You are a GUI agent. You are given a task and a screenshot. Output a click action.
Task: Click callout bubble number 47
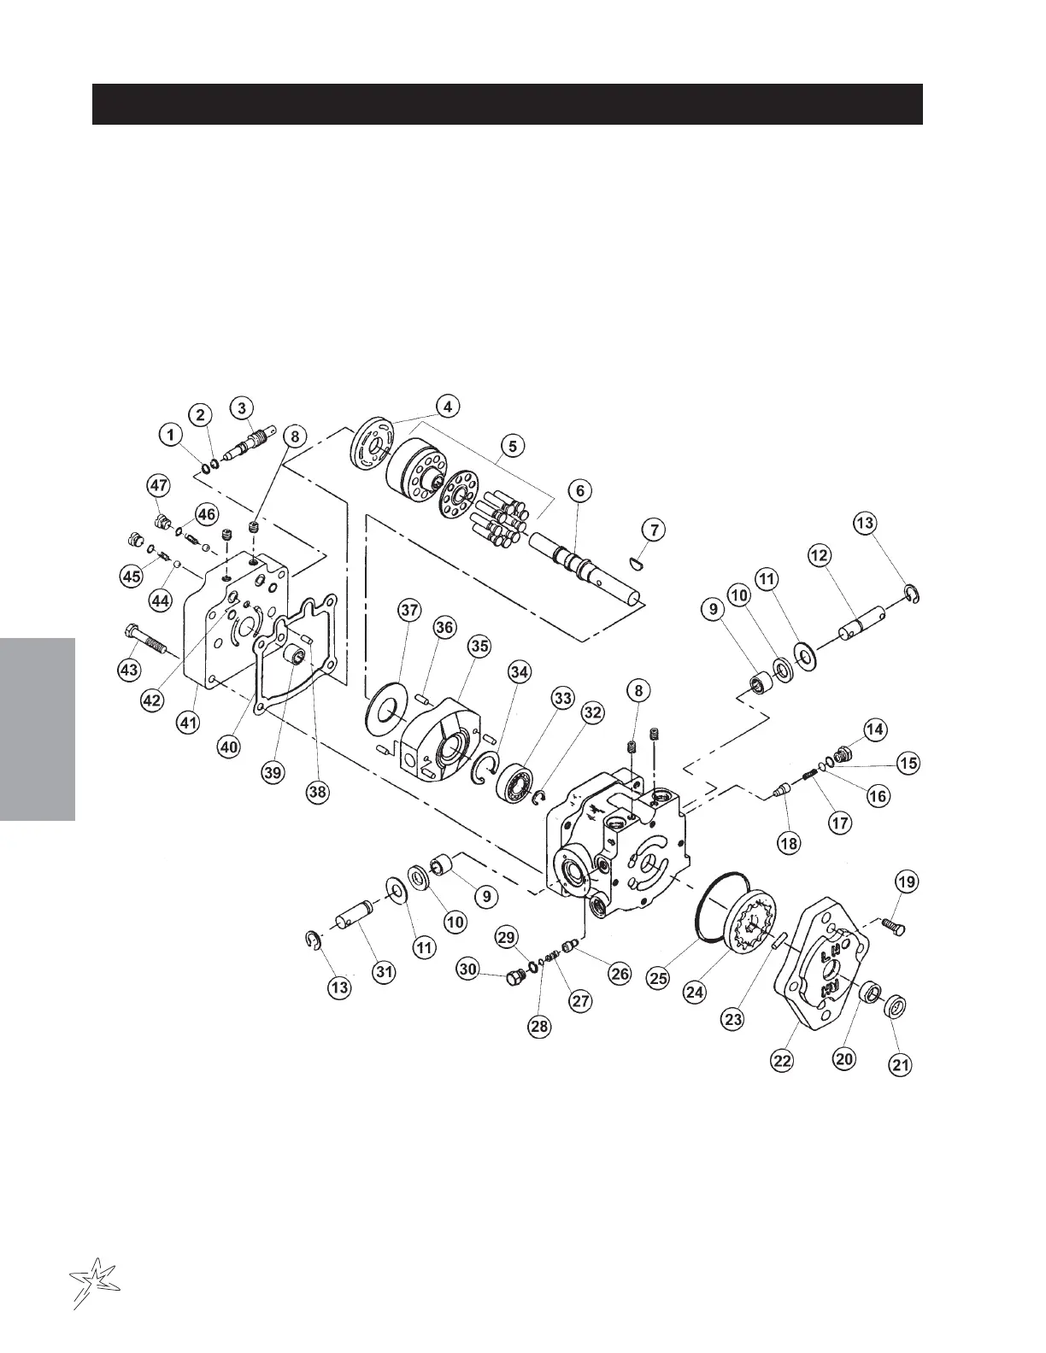pyautogui.click(x=159, y=486)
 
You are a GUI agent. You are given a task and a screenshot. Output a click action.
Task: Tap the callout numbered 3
pyautogui.click(x=243, y=407)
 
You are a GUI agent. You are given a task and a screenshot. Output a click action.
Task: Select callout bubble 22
pyautogui.click(x=783, y=1060)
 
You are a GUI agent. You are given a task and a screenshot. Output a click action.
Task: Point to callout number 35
pyautogui.click(x=479, y=647)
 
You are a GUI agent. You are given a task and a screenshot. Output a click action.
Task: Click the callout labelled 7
pyautogui.click(x=654, y=530)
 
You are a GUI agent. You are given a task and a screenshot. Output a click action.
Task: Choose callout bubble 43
pyautogui.click(x=130, y=670)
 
